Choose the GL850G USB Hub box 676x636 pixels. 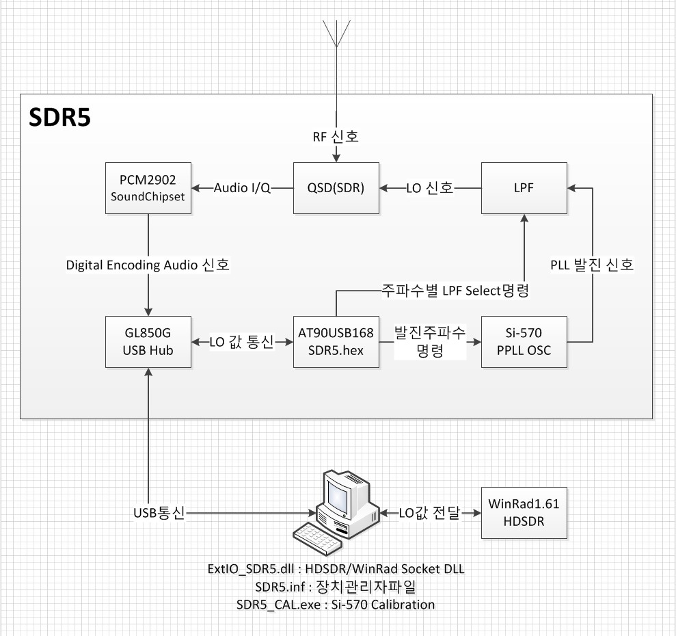coord(148,341)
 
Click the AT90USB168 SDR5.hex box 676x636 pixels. coord(336,341)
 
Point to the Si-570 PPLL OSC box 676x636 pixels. coord(524,341)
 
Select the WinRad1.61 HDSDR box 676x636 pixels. coord(524,513)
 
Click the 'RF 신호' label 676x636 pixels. coord(336,137)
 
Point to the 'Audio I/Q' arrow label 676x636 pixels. coord(243,188)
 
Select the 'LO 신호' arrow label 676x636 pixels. coord(429,188)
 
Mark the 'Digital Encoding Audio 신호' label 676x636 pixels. coord(148,265)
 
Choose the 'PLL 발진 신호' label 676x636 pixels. coord(593,265)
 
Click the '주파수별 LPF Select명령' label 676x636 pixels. coord(455,289)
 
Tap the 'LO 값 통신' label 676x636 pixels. coord(241,341)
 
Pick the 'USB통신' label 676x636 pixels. coord(159,513)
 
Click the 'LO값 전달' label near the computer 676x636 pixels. coord(430,513)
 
